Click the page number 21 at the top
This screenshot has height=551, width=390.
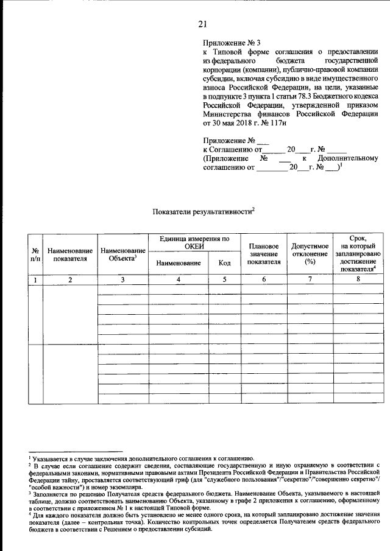203,24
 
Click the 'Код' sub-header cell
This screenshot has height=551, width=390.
224,263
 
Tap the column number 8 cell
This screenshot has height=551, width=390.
358,279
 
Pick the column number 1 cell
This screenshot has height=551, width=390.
36,279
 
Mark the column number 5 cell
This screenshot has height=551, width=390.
224,279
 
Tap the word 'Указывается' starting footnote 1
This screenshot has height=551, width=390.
51,458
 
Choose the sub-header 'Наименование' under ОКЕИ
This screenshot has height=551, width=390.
179,263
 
